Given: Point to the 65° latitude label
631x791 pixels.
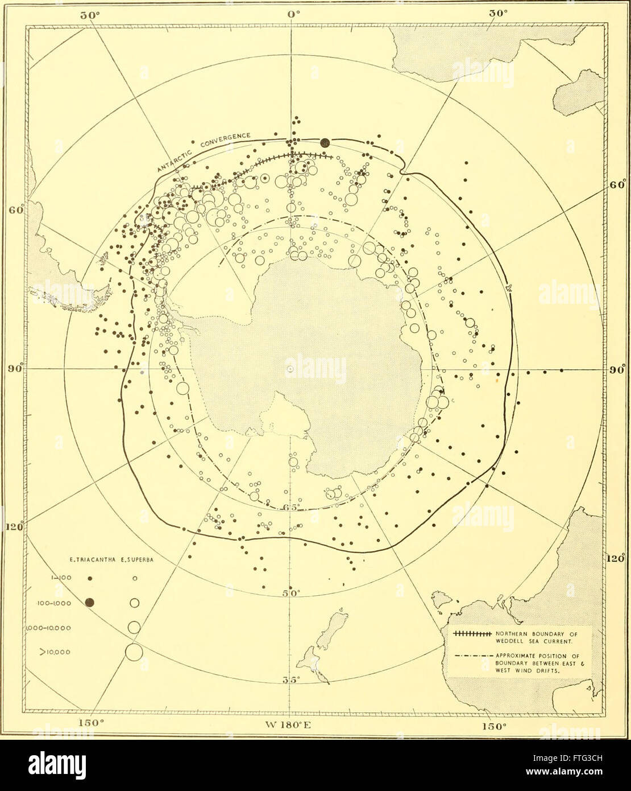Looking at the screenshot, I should (x=290, y=508).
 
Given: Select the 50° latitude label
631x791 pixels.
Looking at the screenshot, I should (x=291, y=593).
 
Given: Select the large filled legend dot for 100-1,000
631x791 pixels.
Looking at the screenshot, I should (x=90, y=603).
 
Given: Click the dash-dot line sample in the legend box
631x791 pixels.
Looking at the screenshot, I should (x=470, y=655).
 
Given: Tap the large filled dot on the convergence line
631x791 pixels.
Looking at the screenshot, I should (x=325, y=143).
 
